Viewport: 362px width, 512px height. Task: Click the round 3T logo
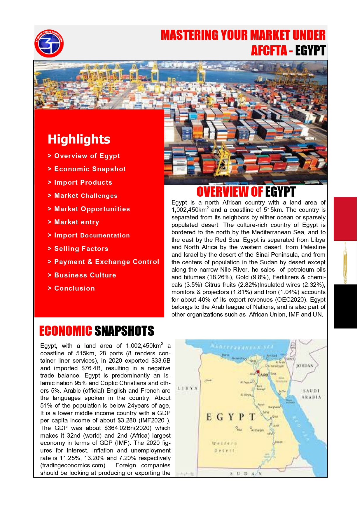click(x=49, y=43)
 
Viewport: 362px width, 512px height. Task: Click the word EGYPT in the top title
click(x=310, y=50)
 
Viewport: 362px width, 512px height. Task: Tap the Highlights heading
click(x=79, y=139)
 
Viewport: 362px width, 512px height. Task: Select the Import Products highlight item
click(x=83, y=182)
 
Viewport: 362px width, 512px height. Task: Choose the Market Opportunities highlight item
click(x=92, y=209)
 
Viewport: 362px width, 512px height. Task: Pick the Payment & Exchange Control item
click(x=106, y=262)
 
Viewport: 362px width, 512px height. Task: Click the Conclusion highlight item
click(x=74, y=288)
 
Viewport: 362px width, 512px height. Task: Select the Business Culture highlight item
click(x=85, y=275)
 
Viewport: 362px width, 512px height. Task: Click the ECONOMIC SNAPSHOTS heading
click(x=97, y=331)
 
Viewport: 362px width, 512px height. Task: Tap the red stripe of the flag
click(x=345, y=219)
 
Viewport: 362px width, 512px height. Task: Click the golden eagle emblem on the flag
click(x=345, y=263)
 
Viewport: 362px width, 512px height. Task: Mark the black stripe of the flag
click(x=345, y=306)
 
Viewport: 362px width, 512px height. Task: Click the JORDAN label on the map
click(x=305, y=366)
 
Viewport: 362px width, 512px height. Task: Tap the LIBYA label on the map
click(x=188, y=388)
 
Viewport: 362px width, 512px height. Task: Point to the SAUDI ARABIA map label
click(x=311, y=394)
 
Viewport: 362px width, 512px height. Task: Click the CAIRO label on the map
click(x=263, y=375)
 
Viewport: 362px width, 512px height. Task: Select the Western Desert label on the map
click(x=224, y=447)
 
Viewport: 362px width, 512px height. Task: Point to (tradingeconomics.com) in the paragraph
click(x=73, y=465)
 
